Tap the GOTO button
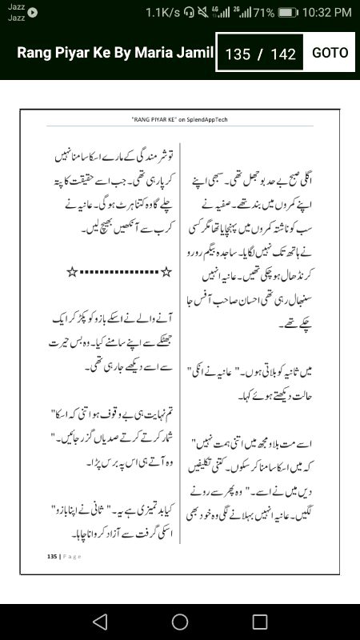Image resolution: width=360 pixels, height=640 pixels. coord(330,53)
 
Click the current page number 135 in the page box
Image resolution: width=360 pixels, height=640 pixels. coord(238,54)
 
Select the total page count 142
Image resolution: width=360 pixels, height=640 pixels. coord(283,54)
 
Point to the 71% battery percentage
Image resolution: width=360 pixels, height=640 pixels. coord(265,12)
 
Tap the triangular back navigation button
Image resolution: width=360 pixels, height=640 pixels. coord(99,622)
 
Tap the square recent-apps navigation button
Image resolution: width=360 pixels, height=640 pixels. coord(260,622)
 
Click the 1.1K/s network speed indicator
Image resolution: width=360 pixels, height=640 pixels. coord(162,12)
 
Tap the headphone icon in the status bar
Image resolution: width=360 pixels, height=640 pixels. coord(188,12)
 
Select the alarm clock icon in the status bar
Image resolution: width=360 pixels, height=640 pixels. coord(201,12)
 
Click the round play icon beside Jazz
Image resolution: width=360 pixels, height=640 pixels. coord(33,12)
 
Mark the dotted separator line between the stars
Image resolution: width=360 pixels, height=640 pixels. coord(119,273)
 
